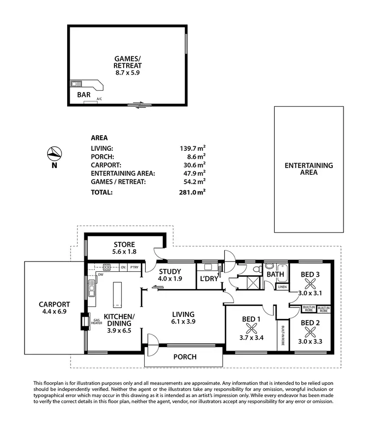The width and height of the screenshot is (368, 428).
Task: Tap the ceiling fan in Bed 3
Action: tap(310, 284)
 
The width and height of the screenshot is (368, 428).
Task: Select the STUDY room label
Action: tap(170, 272)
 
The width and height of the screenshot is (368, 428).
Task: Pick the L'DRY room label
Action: tap(208, 279)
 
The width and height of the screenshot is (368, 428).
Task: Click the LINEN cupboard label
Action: tap(282, 287)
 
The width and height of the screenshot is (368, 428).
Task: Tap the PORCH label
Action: tap(185, 357)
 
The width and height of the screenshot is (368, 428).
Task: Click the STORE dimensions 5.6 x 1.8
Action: tap(124, 252)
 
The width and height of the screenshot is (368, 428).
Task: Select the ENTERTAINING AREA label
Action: tap(309, 169)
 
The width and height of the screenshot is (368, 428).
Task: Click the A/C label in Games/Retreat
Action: tap(99, 99)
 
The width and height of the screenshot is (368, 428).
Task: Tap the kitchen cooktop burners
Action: tap(106, 267)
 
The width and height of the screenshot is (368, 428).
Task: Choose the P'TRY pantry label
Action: tap(135, 267)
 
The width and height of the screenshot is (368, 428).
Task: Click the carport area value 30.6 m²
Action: tap(193, 165)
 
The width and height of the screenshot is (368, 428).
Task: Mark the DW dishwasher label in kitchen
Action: tap(100, 275)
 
